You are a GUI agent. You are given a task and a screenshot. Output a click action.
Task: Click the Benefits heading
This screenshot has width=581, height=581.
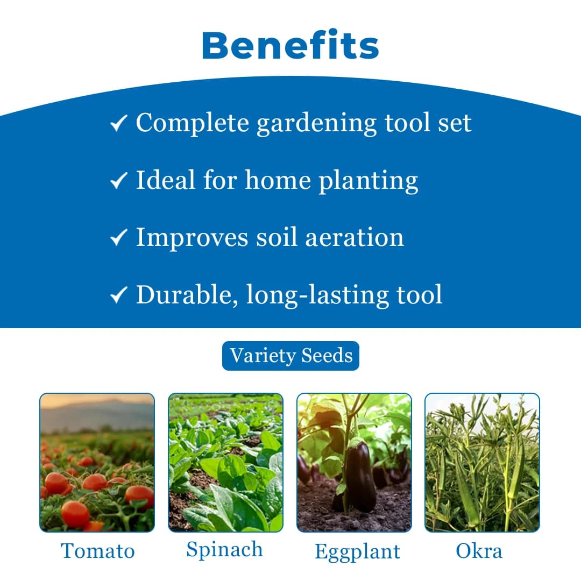(x=290, y=46)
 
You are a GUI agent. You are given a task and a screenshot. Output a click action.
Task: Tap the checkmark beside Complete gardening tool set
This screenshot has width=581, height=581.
(x=118, y=124)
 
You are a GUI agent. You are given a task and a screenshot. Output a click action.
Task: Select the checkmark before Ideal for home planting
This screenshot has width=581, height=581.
(x=118, y=181)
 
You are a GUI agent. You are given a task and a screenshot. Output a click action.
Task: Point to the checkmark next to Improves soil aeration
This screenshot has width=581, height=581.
(x=118, y=238)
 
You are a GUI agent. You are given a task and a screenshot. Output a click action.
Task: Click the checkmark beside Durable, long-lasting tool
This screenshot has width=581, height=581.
(x=118, y=295)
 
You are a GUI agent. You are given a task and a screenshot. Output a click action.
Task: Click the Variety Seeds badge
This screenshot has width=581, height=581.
(x=290, y=356)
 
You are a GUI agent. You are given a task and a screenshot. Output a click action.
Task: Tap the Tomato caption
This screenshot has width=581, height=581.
(x=97, y=551)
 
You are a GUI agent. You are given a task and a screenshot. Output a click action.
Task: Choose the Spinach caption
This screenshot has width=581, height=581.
(x=225, y=550)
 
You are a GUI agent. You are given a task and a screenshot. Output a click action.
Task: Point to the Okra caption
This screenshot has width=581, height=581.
(x=479, y=551)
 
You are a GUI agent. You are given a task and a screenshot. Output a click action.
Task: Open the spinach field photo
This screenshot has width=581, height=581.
(x=225, y=463)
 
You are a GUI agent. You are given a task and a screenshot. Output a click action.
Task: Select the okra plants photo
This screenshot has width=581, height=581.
(x=482, y=463)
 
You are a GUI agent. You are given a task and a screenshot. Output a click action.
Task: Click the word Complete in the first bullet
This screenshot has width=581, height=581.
(x=192, y=123)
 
